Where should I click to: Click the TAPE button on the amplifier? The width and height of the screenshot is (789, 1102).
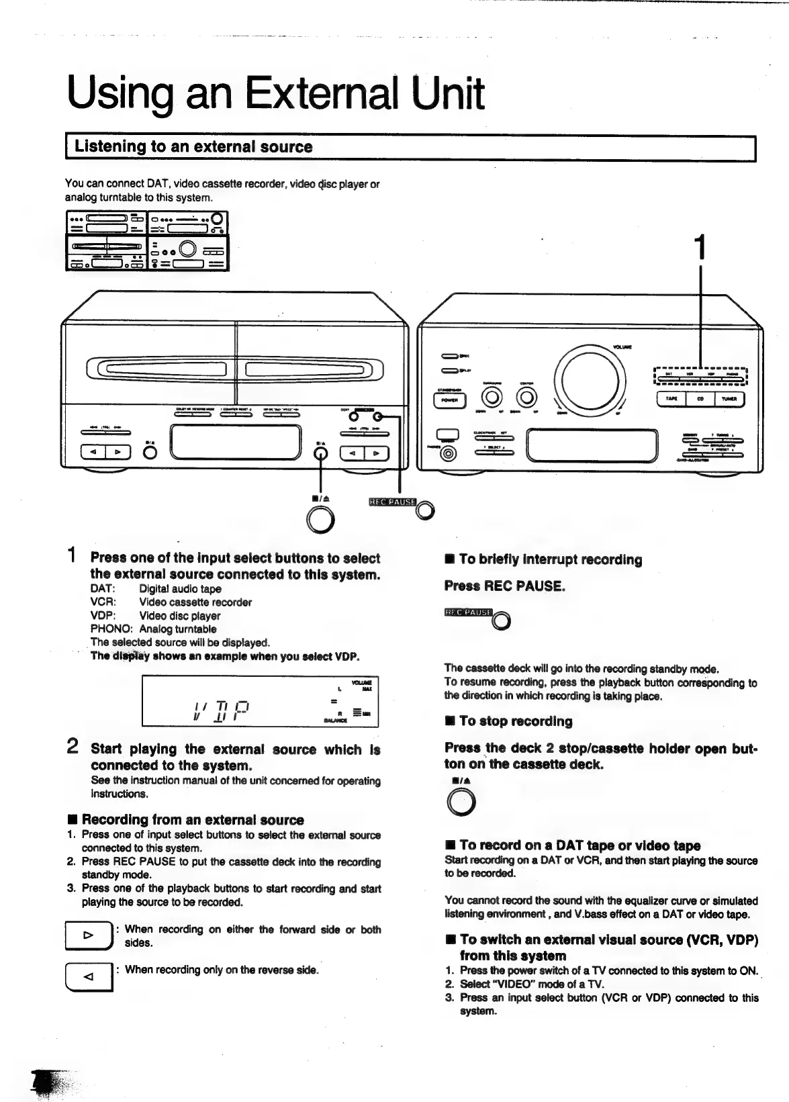[671, 399]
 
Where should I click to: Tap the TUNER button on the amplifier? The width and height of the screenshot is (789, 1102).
[729, 399]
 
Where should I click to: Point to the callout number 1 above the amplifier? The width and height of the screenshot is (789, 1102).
[700, 246]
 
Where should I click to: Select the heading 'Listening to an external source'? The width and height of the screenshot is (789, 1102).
[193, 146]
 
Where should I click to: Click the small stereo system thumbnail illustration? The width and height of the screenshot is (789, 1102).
[147, 240]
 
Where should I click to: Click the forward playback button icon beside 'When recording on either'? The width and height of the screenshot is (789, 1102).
[87, 935]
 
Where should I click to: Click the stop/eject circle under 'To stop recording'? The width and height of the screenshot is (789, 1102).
[461, 802]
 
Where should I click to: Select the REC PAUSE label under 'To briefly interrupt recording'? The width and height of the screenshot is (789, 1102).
[468, 612]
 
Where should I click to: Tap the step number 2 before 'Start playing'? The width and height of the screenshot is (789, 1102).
[74, 747]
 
